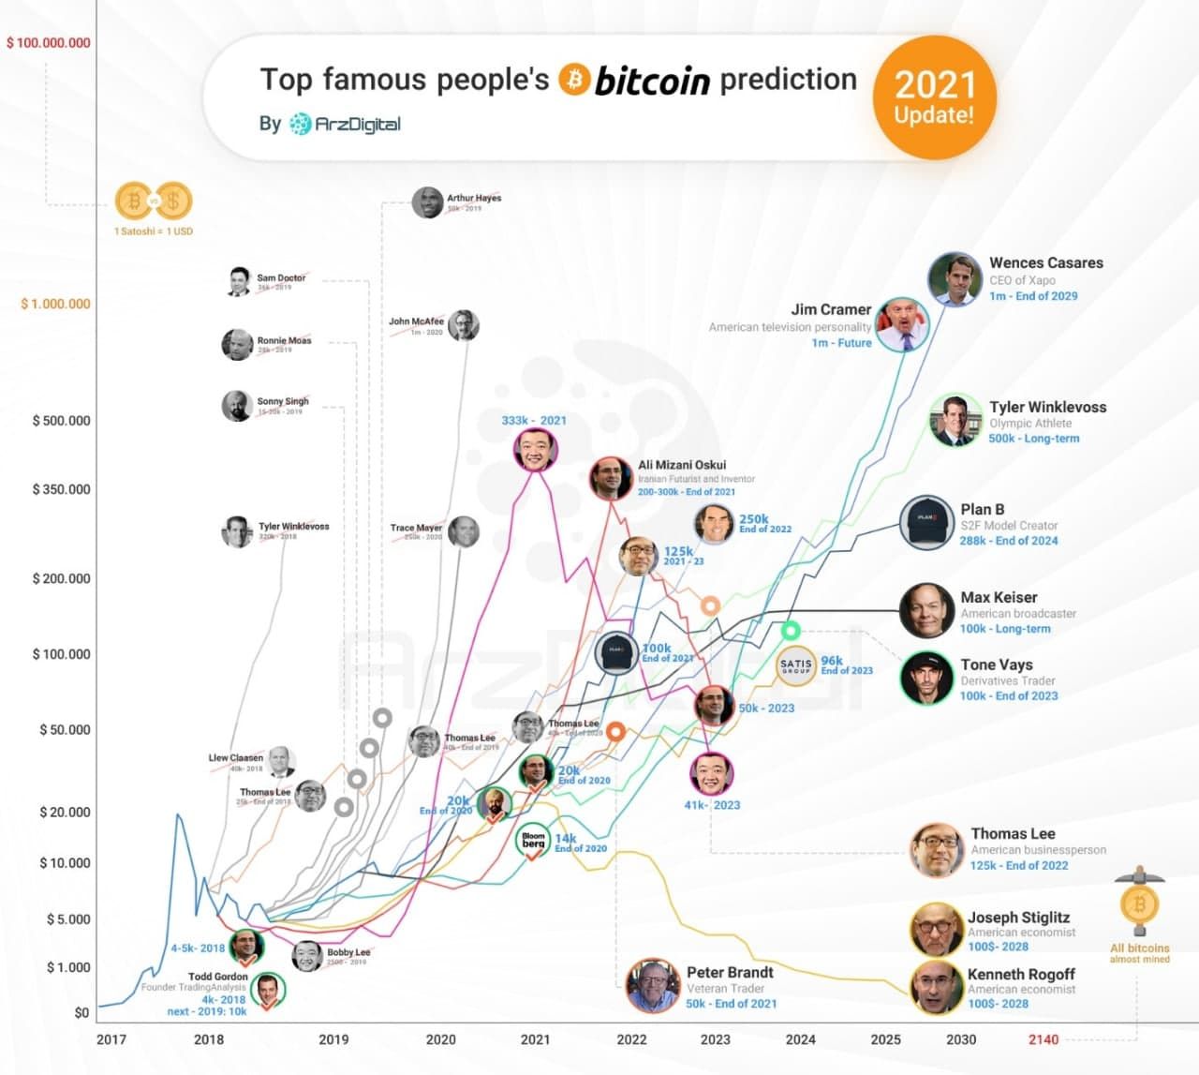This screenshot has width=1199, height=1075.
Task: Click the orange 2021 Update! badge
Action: coord(934,97)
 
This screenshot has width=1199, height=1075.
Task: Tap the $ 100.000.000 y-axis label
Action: coord(49,43)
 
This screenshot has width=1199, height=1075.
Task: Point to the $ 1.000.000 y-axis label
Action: coord(56,304)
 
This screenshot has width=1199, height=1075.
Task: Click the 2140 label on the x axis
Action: coord(1043,1039)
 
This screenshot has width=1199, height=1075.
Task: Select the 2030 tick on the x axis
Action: coord(961,1039)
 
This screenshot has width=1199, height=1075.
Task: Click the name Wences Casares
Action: coord(1045,263)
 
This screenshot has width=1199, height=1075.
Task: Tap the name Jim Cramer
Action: coord(831,309)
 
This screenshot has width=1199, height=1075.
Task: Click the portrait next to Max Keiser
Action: coord(926,611)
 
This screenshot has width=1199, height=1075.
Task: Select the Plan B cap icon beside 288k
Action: coord(926,523)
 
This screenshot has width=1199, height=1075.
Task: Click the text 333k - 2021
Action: coord(534,421)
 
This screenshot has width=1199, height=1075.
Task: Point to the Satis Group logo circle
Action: coord(796,666)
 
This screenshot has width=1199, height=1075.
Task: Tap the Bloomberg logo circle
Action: coord(533,840)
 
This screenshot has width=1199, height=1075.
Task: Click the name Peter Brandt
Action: coord(730,973)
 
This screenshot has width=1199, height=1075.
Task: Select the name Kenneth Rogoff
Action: coord(1021,975)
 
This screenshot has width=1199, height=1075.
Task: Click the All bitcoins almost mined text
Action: coord(1139,953)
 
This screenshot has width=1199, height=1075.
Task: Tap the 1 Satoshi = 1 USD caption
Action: coord(154,231)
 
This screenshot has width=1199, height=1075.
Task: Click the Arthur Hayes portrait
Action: coord(427,202)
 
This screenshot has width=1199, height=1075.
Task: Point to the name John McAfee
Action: coord(416,321)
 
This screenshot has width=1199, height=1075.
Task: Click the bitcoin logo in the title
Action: coord(574,80)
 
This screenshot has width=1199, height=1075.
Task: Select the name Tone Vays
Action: coord(996,664)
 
